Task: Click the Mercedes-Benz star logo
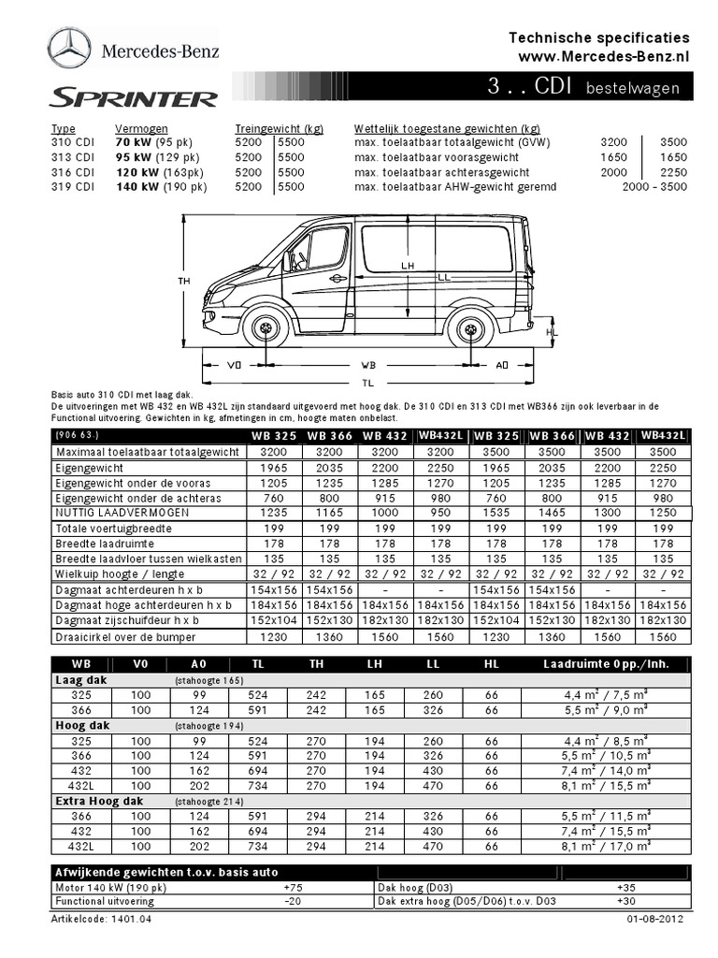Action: click(x=69, y=49)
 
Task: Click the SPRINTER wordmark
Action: click(x=133, y=98)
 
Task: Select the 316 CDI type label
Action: click(x=73, y=172)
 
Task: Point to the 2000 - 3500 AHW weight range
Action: click(x=654, y=187)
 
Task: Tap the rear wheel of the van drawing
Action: click(x=470, y=329)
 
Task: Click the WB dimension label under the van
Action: click(x=368, y=366)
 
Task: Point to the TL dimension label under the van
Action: click(x=368, y=383)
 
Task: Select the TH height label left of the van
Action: click(x=183, y=280)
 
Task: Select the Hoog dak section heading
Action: click(x=82, y=725)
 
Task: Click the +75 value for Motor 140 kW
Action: click(x=293, y=887)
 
